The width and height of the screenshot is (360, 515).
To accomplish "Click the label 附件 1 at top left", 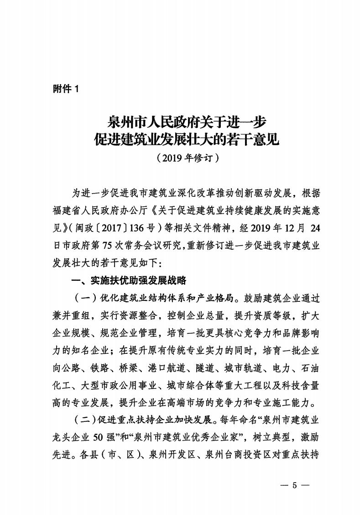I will point(66,89).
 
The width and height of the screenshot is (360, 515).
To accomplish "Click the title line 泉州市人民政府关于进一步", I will point(186,122).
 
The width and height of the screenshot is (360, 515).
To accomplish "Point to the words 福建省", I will point(66,209).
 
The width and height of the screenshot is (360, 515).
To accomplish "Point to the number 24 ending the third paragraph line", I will point(311,227).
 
